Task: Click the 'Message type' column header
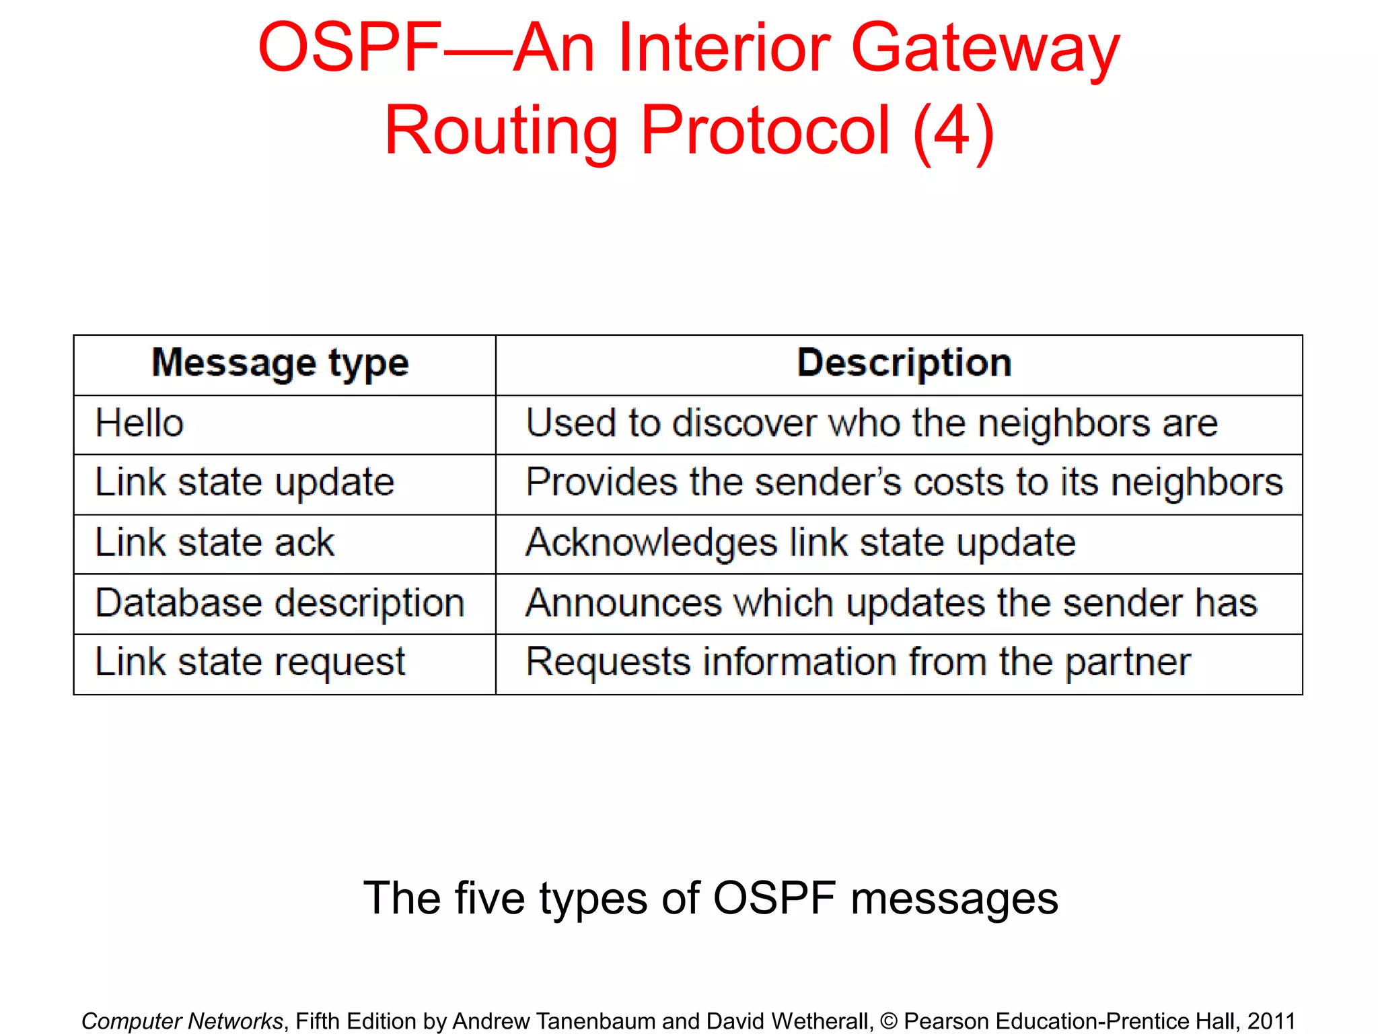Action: pyautogui.click(x=280, y=364)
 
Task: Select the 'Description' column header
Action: pyautogui.click(x=904, y=364)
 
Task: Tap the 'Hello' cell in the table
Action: pyautogui.click(x=139, y=423)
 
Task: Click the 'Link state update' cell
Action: pyautogui.click(x=244, y=483)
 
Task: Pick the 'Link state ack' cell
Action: pyautogui.click(x=214, y=543)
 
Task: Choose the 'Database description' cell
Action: pyautogui.click(x=280, y=602)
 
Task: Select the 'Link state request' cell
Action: pyautogui.click(x=250, y=662)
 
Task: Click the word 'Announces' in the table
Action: pyautogui.click(x=623, y=602)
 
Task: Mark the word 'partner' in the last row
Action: pyautogui.click(x=1128, y=662)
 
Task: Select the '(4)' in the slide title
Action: pyautogui.click(x=953, y=131)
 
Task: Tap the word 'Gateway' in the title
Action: pyautogui.click(x=985, y=48)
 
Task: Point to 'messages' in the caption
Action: pyautogui.click(x=954, y=899)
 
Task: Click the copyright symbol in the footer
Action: pyautogui.click(x=888, y=1021)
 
